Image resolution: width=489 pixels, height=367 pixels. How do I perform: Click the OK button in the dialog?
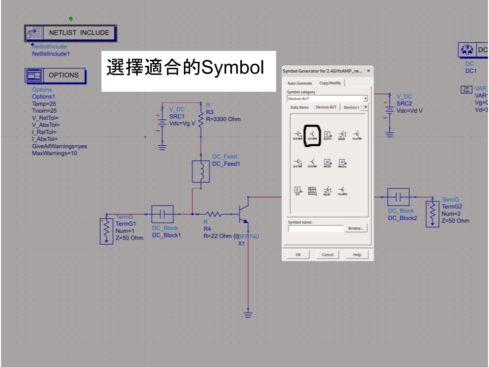coord(298,254)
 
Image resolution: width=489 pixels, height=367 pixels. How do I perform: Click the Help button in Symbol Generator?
coord(357,254)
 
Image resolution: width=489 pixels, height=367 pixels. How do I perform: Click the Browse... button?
coord(355,228)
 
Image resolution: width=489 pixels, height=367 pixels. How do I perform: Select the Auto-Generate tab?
coord(300,83)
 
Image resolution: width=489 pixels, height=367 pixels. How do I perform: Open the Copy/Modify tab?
coord(330,83)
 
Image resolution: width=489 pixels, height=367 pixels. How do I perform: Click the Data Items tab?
coord(300,108)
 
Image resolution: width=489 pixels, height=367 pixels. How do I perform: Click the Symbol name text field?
coord(315,229)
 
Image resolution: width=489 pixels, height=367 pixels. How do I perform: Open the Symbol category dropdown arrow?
coord(365,98)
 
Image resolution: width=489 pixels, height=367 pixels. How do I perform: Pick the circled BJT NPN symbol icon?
coord(312,135)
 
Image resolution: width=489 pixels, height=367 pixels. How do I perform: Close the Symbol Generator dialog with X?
coord(368,71)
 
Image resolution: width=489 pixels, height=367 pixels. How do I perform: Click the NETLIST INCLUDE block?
coord(71,33)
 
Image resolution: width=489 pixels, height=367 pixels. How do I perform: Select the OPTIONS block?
coord(56,75)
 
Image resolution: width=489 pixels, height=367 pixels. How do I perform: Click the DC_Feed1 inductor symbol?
coord(201,172)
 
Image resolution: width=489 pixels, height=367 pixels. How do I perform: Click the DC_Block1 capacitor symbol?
coord(162,214)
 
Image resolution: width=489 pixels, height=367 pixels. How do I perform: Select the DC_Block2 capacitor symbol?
coord(398,197)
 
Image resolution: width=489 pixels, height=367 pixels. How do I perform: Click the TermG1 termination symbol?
coord(106,231)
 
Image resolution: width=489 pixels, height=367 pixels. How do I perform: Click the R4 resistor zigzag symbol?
coord(214,214)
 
